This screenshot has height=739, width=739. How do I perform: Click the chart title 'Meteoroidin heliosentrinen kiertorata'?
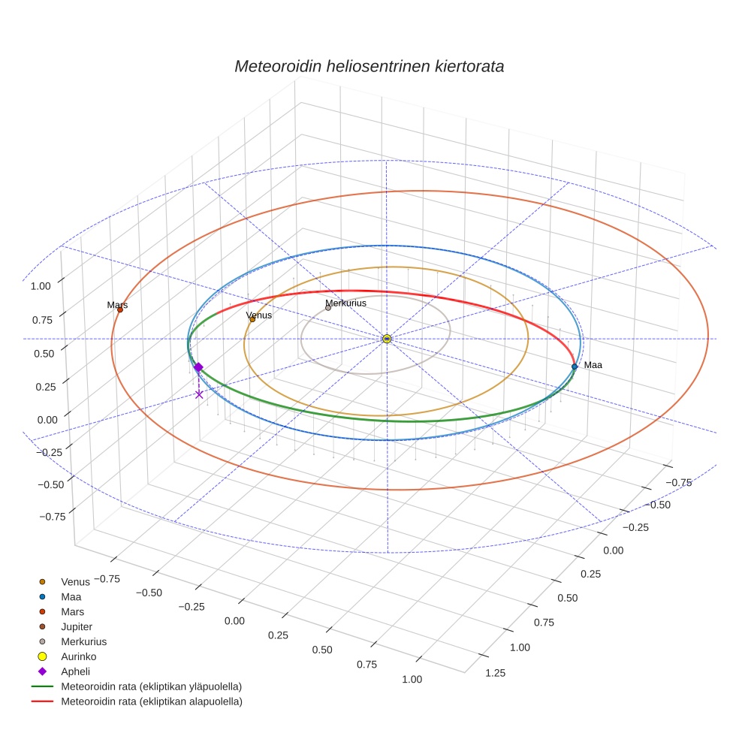click(369, 66)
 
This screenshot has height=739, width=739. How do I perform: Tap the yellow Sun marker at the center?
click(387, 339)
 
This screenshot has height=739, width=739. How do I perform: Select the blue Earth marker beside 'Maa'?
click(575, 366)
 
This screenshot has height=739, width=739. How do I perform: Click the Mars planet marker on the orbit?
click(119, 309)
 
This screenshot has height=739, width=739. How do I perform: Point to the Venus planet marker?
click(252, 319)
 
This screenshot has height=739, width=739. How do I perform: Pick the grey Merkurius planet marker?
click(328, 308)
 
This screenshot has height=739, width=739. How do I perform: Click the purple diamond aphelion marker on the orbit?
click(198, 367)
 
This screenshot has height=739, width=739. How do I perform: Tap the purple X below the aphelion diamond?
click(199, 394)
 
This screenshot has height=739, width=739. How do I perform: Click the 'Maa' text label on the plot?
click(593, 365)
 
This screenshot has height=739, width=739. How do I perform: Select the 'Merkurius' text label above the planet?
click(345, 303)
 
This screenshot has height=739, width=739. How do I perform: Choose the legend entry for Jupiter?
click(76, 626)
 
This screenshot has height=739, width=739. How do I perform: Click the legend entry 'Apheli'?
click(74, 671)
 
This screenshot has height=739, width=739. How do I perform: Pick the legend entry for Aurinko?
click(77, 656)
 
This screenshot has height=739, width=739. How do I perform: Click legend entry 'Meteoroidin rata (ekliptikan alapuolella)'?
click(151, 701)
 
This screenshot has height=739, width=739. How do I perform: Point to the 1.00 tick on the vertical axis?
click(41, 286)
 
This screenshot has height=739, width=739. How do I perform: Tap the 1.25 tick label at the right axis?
click(494, 673)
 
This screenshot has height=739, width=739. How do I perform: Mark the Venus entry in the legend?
click(75, 581)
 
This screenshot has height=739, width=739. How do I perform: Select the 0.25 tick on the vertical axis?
click(41, 387)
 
